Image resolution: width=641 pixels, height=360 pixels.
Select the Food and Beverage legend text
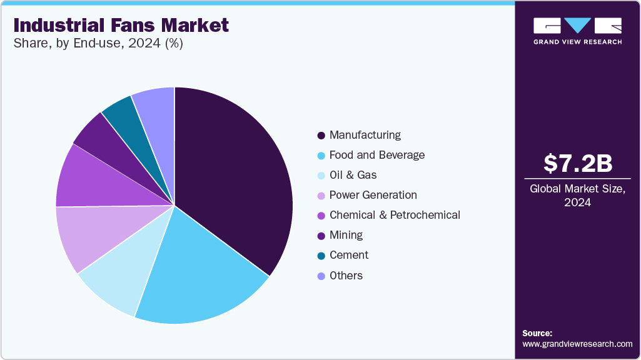point(377,155)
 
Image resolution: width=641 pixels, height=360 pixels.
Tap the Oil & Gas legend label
point(353,175)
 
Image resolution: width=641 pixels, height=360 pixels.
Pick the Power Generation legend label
point(373,195)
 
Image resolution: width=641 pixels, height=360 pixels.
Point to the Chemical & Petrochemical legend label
point(395,215)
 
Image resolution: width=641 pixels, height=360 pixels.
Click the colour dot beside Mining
point(321,236)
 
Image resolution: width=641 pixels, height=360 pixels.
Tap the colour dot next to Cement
point(321,256)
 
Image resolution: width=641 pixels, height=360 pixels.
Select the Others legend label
point(346,276)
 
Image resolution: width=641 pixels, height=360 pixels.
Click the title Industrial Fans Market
point(121,26)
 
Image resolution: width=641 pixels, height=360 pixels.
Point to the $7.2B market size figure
point(577,164)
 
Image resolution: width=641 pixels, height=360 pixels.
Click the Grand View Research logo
point(577,31)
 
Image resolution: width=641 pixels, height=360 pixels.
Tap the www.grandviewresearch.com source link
point(577,344)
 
